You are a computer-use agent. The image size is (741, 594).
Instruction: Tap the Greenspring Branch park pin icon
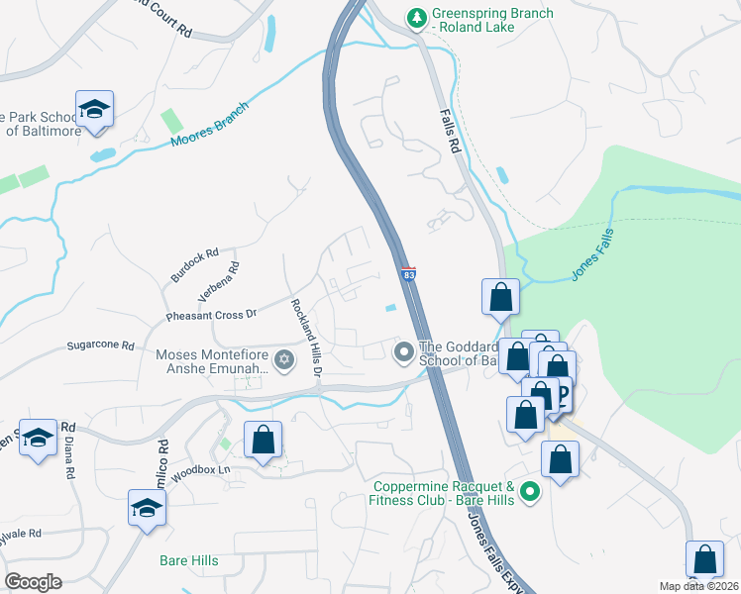click(x=418, y=17)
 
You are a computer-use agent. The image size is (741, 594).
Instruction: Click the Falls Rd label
click(x=452, y=130)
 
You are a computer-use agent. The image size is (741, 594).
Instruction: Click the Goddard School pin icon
click(x=404, y=351)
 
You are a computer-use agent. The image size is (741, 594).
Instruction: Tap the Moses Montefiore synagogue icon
click(x=285, y=358)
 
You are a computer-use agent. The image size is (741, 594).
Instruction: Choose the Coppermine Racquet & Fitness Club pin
click(x=530, y=491)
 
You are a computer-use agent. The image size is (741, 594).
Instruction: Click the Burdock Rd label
click(x=193, y=266)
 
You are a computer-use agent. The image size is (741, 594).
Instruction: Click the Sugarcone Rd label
click(x=100, y=346)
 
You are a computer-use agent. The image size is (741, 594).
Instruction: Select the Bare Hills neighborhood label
click(x=188, y=561)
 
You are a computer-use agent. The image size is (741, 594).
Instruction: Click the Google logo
click(x=33, y=582)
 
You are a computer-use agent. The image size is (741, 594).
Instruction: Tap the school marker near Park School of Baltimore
click(x=94, y=109)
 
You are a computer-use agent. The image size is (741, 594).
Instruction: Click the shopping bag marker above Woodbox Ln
click(x=263, y=440)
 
